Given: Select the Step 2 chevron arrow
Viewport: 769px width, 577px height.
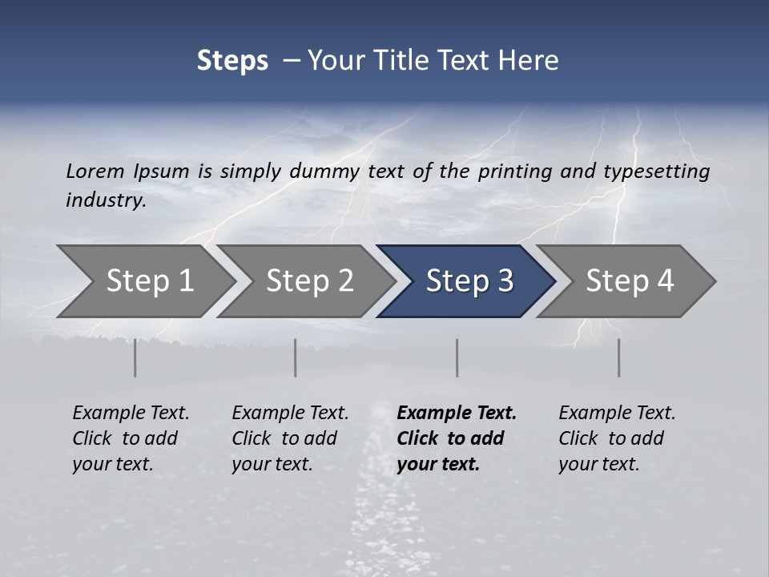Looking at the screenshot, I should (308, 281).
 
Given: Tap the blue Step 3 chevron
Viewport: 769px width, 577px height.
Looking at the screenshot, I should (469, 281).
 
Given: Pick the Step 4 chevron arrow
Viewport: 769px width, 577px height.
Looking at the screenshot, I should (629, 281).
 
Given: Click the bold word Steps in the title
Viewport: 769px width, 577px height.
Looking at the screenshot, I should (232, 61).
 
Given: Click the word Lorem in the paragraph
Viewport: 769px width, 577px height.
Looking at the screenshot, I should (95, 171).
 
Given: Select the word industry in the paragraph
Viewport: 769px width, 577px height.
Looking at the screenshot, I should (105, 200).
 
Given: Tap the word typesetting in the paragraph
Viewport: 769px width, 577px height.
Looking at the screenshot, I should (664, 171).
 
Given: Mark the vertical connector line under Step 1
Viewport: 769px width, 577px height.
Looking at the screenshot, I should (135, 357).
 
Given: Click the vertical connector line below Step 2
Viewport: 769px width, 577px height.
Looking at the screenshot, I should (296, 357).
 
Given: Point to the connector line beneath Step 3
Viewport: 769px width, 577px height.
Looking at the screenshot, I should (457, 357).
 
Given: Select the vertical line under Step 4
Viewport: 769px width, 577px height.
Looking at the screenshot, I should (618, 357).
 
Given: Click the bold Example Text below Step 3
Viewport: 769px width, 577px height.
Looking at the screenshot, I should (457, 414).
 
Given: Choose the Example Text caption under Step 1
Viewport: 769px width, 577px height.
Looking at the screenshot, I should (131, 414).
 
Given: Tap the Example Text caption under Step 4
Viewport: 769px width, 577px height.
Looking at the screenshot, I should (617, 414).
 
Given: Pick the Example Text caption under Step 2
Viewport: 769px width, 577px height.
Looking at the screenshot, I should (290, 414).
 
